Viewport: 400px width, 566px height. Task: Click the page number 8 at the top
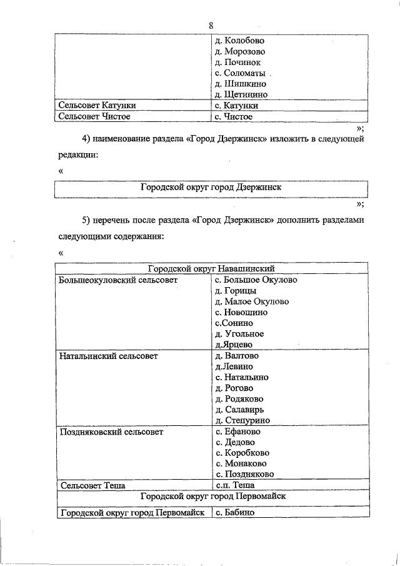tap(212, 25)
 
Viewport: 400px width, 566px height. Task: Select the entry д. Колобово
tap(239, 40)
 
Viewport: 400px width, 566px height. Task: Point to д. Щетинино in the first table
tap(241, 95)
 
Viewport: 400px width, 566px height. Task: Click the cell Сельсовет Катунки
tap(97, 106)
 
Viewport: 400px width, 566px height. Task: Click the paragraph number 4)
tap(87, 138)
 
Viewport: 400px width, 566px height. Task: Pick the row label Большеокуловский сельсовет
tap(118, 280)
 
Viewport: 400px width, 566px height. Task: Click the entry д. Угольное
tap(239, 333)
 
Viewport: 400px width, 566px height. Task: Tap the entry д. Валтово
tap(236, 356)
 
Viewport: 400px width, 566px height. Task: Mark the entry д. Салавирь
tap(239, 410)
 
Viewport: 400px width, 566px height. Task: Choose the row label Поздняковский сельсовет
tap(111, 432)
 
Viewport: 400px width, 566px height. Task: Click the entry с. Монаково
tap(241, 463)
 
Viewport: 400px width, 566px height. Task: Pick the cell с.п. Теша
tap(234, 485)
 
